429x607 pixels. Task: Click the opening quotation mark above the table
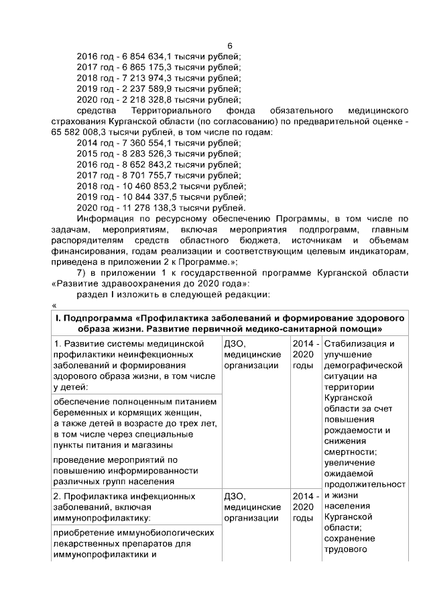(x=54, y=305)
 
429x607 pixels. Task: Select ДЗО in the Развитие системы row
(x=235, y=344)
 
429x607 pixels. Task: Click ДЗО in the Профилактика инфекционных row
(x=235, y=496)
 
